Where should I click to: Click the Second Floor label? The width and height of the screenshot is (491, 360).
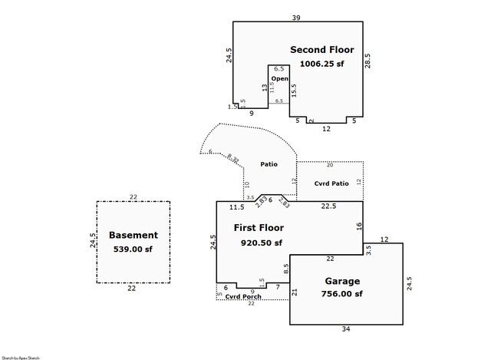[x=321, y=50]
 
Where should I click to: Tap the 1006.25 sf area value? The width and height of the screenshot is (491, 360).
[x=321, y=64]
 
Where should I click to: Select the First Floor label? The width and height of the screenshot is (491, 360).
[x=259, y=228]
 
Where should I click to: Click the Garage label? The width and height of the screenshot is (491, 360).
[x=342, y=281]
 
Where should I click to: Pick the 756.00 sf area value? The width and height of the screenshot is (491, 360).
[x=342, y=294]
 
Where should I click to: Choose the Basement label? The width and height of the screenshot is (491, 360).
[x=133, y=235]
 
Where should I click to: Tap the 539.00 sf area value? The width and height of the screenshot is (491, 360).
[x=133, y=249]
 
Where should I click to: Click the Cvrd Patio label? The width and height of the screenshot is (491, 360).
[x=331, y=183]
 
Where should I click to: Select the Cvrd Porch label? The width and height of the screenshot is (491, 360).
[x=243, y=297]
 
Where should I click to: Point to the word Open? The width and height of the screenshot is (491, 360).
[x=279, y=78]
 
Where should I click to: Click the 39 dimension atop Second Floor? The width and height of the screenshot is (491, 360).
[x=296, y=17]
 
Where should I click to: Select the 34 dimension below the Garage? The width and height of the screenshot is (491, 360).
[x=345, y=329]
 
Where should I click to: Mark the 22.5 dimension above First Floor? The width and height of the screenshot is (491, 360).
[x=328, y=206]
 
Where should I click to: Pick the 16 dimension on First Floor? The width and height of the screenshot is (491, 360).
[x=358, y=226]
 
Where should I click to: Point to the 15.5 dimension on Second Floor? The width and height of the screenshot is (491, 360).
[x=293, y=90]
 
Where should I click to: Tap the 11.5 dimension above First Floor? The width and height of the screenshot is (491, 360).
[x=236, y=207]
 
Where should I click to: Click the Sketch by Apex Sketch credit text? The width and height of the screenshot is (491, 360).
[x=20, y=357]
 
